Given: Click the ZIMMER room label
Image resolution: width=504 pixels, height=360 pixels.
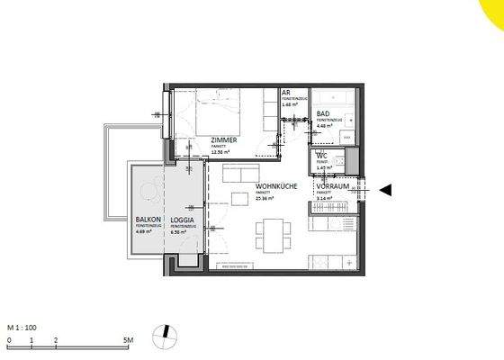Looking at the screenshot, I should pos(223,140).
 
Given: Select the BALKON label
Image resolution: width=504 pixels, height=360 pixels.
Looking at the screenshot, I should pos(148,220).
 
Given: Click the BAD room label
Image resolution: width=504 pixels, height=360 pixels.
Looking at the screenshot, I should pos(322,113).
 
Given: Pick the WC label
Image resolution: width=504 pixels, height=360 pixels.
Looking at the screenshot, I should pos(320,155).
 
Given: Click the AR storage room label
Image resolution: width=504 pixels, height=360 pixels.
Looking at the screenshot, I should pos(285,93).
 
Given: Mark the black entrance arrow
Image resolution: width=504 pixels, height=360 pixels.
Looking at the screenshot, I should pos(386,189).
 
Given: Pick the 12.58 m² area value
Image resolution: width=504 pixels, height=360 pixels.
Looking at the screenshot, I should pos(220,152).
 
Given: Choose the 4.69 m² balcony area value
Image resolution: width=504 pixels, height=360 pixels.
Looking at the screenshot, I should pos(144,231).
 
